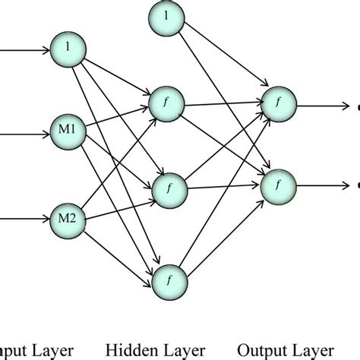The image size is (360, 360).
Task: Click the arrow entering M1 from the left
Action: pos(23,129)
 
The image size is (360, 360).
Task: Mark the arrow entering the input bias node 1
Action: pos(23,49)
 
